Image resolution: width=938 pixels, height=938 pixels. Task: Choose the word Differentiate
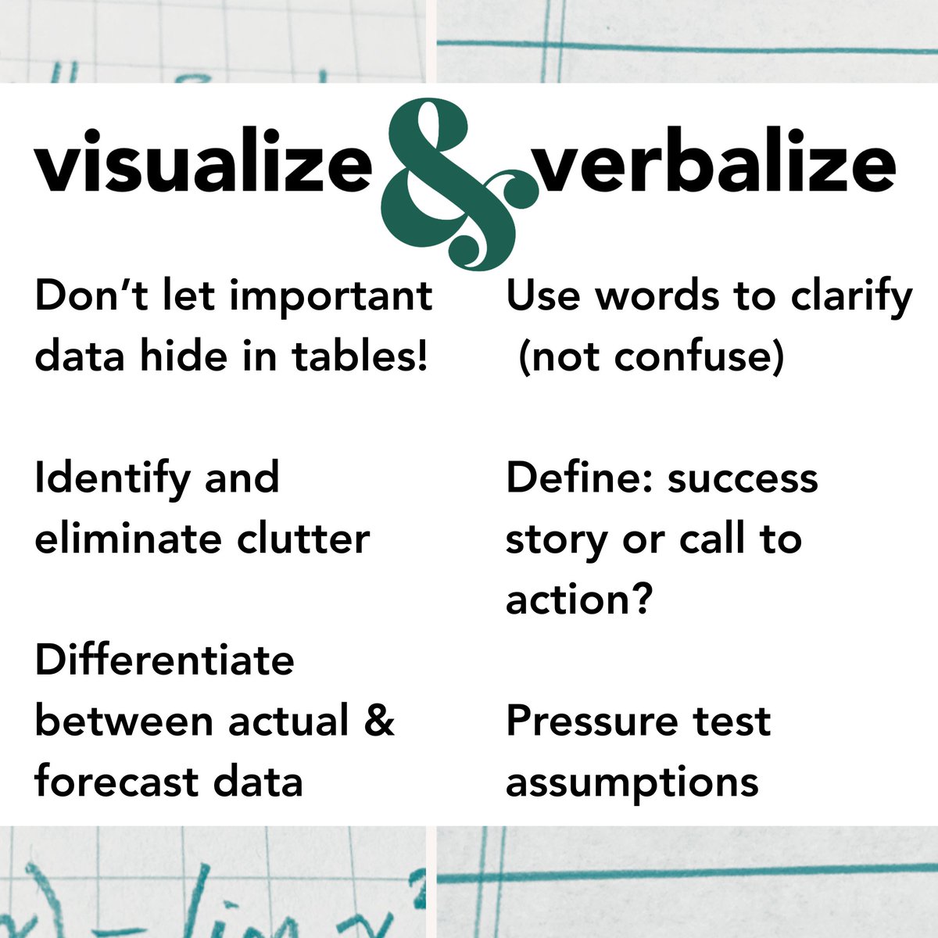click(164, 661)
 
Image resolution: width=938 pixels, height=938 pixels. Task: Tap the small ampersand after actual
click(379, 720)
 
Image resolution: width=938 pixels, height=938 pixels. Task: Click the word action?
click(578, 600)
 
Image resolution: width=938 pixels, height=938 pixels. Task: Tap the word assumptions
click(632, 781)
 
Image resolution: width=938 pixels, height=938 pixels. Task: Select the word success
click(743, 478)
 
